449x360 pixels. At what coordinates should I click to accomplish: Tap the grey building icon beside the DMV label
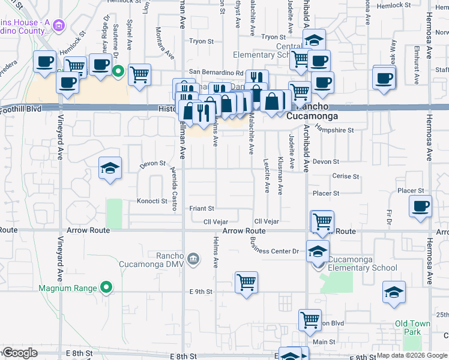pyautogui.click(x=193, y=259)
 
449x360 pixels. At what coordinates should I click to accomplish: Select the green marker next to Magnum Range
pyautogui.click(x=106, y=288)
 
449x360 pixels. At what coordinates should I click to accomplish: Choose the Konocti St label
pyautogui.click(x=151, y=201)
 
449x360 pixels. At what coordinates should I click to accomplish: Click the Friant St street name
pyautogui.click(x=202, y=209)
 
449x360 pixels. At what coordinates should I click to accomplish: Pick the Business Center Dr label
pyautogui.click(x=275, y=251)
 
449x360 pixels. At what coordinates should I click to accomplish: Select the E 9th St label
pyautogui.click(x=201, y=292)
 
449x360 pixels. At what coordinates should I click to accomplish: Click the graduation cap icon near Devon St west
pyautogui.click(x=110, y=168)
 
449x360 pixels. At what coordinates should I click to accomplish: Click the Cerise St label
pyautogui.click(x=346, y=177)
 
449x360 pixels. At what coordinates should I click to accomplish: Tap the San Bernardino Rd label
pyautogui.click(x=216, y=73)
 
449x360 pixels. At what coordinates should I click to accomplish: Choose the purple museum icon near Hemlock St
pyautogui.click(x=58, y=25)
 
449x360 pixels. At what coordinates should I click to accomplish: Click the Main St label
pyautogui.click(x=324, y=342)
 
